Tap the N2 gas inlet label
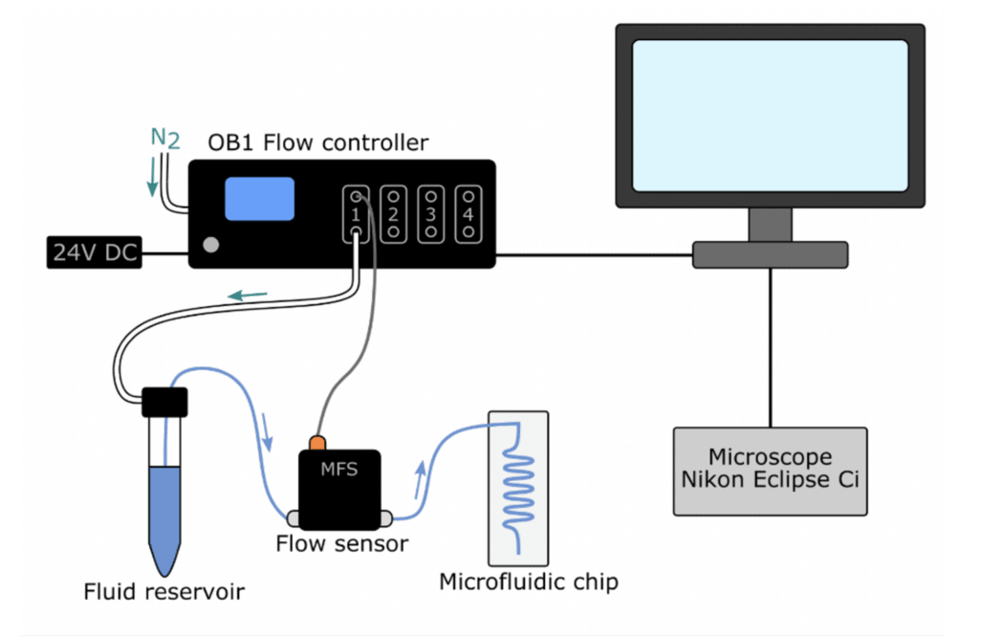[164, 138]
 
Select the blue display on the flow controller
[259, 198]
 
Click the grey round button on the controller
[211, 245]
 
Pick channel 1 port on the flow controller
[355, 212]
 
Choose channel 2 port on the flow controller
[393, 212]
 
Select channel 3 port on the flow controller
[431, 212]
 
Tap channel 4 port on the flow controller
[468, 212]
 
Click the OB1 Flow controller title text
[318, 143]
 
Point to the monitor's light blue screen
[769, 114]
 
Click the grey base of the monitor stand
[770, 254]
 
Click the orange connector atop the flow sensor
[317, 442]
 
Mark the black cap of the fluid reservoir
[164, 402]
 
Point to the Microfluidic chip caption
[529, 582]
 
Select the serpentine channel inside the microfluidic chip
[521, 483]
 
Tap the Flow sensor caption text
[341, 544]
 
